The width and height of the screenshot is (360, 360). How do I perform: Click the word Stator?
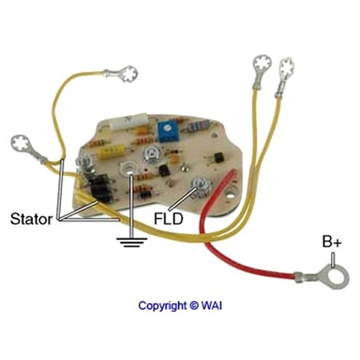(x=31, y=219)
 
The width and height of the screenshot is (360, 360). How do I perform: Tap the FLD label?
(x=169, y=219)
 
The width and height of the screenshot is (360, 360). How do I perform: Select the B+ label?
(x=331, y=241)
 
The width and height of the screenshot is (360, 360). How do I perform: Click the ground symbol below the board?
(x=131, y=241)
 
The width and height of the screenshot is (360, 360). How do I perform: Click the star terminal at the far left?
(x=21, y=143)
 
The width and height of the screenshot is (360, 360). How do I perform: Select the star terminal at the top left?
(x=129, y=73)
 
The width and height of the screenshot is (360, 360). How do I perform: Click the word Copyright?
(x=163, y=305)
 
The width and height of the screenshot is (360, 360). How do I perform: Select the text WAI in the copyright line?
(x=211, y=305)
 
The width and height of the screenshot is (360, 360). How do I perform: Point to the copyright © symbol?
(x=193, y=305)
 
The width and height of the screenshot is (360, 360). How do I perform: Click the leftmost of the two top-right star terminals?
(x=262, y=64)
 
